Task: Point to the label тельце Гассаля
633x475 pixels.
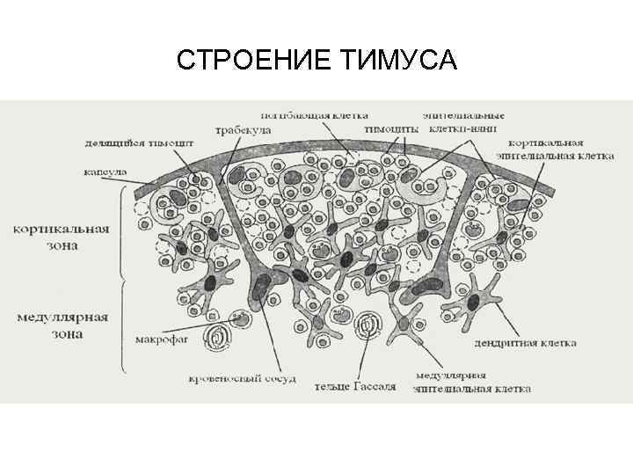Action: tap(360, 385)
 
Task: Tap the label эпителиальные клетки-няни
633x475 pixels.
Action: tap(463, 121)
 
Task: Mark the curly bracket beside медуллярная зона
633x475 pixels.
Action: tap(122, 325)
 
